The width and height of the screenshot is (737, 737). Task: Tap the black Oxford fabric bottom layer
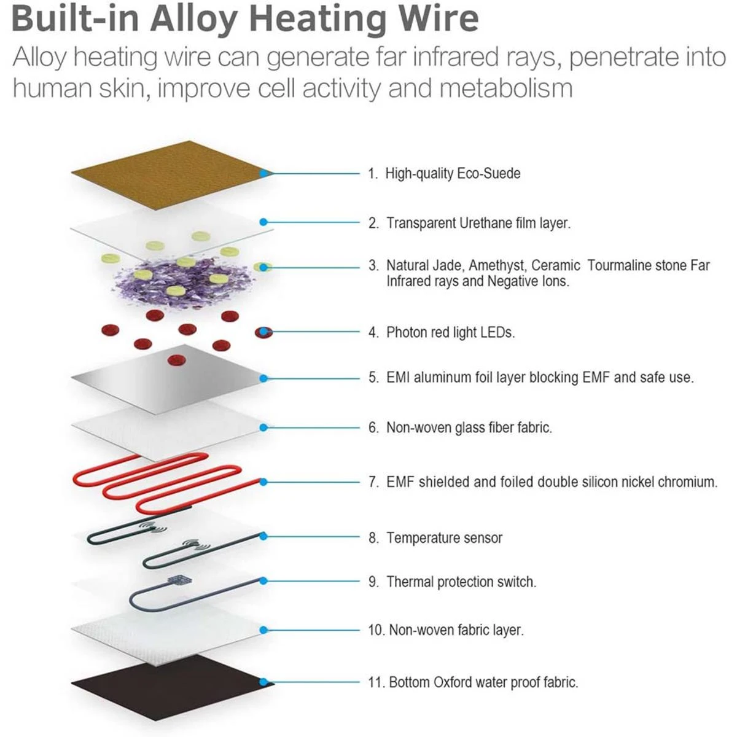point(172,682)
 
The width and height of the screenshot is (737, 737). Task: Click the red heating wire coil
point(166,483)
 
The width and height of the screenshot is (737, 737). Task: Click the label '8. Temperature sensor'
point(435,538)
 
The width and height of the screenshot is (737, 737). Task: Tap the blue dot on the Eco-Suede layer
point(263,174)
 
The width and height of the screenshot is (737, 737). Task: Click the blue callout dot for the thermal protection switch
point(263,581)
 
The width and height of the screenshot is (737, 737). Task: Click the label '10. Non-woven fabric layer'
point(446,630)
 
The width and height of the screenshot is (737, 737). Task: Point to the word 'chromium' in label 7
point(687,482)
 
